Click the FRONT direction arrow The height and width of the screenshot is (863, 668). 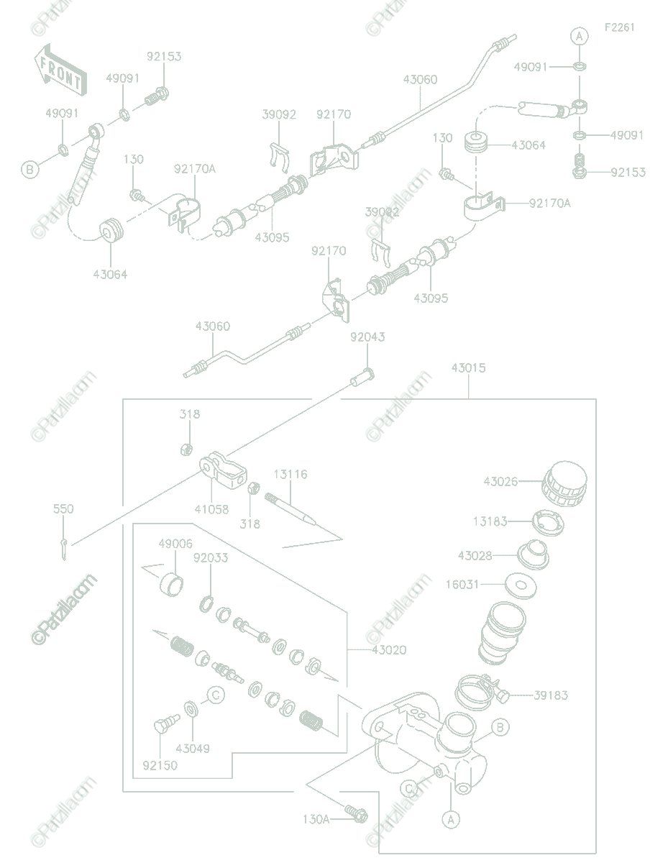pyautogui.click(x=61, y=70)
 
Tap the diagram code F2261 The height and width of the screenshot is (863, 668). pyautogui.click(x=619, y=27)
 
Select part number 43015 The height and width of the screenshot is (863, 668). pyautogui.click(x=468, y=368)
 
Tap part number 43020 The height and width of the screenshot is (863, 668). pyautogui.click(x=389, y=650)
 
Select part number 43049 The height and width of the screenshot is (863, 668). pyautogui.click(x=192, y=749)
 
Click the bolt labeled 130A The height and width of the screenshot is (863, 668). pyautogui.click(x=355, y=814)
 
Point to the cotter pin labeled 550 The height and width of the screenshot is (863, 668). pyautogui.click(x=64, y=548)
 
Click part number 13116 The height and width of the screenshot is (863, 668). pyautogui.click(x=290, y=475)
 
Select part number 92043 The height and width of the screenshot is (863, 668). pyautogui.click(x=367, y=337)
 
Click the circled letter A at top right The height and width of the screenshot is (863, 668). pyautogui.click(x=580, y=36)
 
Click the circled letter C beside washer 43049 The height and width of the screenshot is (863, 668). pyautogui.click(x=215, y=695)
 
